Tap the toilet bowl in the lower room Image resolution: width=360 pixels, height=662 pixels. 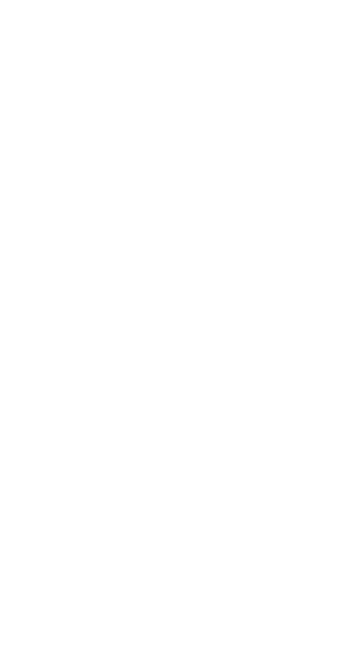tap(136, 403)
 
